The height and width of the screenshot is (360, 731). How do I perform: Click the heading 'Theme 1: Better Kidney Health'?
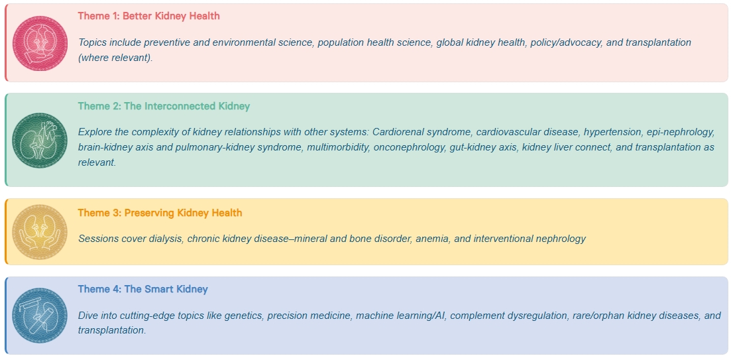coord(148,16)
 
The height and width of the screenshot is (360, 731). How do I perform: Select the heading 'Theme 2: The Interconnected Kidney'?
coord(164,106)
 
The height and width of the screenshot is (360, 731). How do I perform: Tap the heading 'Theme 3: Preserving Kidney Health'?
coord(160,213)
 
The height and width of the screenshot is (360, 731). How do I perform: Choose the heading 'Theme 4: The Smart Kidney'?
coord(142,289)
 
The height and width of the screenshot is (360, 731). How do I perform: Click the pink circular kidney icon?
coord(40,43)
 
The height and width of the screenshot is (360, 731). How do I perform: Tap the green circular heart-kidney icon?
coord(40,141)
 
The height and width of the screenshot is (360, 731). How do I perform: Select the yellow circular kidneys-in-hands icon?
coord(40,232)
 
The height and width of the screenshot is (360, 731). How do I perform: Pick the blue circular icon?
coord(40,315)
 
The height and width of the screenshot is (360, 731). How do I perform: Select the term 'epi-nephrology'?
coord(681,132)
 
